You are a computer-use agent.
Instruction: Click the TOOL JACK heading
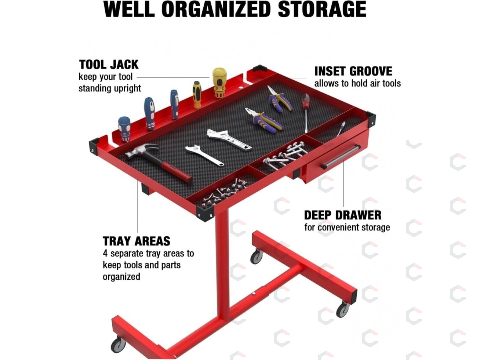pos(109,65)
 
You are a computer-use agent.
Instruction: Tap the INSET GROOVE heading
pos(353,71)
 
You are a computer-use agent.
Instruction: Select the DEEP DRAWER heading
pos(343,215)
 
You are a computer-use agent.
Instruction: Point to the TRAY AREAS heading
pos(136,241)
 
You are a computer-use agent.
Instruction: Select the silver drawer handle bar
pos(341,157)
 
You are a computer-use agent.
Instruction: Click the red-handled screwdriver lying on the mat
pos(306,113)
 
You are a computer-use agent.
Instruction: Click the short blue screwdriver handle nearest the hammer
pos(124,129)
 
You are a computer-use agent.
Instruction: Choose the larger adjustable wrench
pos(229,139)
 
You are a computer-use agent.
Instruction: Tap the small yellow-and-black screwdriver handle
pos(197,95)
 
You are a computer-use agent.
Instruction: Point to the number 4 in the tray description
pos(105,254)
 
